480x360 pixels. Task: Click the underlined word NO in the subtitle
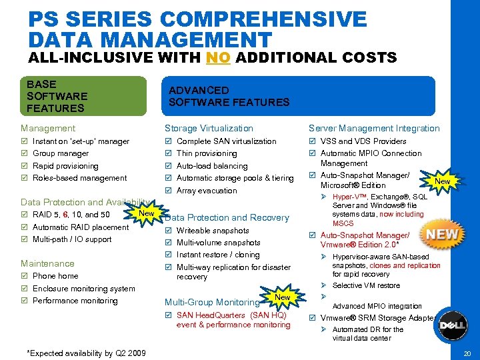218,57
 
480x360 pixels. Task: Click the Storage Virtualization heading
209,128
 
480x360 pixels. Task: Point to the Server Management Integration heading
374,128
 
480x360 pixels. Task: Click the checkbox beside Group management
25,153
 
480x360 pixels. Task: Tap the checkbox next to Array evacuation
168,191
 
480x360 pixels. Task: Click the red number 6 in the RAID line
65,215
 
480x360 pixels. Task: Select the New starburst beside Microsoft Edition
442,181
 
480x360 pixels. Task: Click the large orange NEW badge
442,235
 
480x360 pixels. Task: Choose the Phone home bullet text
55,276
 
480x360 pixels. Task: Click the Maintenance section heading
47,263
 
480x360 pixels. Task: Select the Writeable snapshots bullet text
213,231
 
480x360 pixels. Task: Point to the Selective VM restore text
366,285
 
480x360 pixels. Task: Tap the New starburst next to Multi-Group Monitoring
282,297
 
